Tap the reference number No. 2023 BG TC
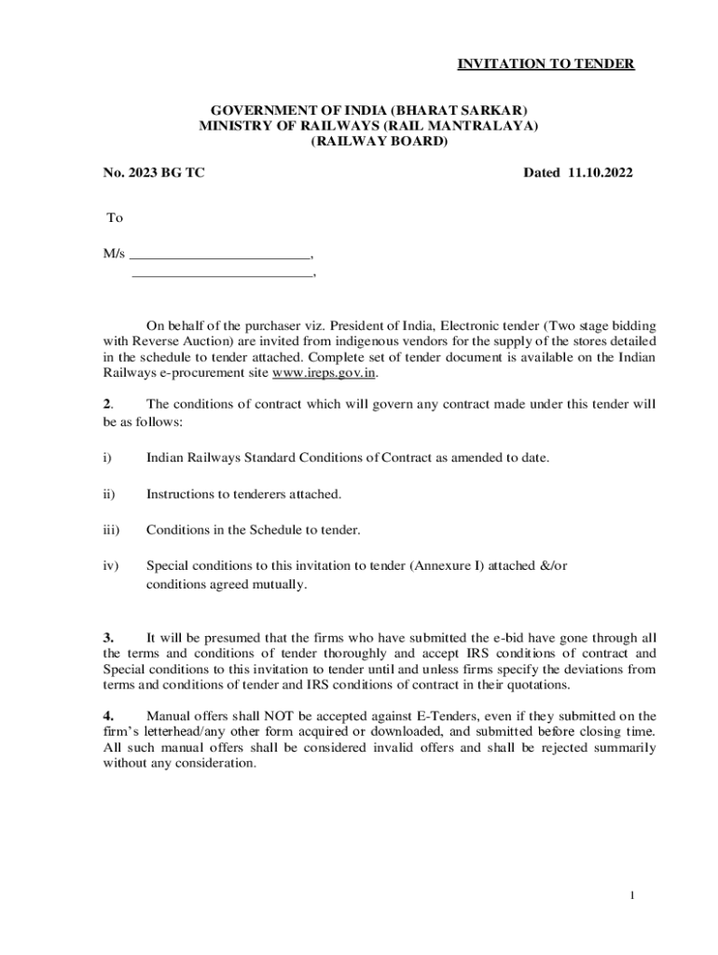(x=154, y=173)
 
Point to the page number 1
(x=631, y=896)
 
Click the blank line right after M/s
(x=220, y=254)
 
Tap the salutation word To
(x=115, y=217)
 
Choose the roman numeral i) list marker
(x=107, y=458)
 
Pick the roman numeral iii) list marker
(x=111, y=530)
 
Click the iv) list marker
(x=110, y=566)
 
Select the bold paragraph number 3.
(x=108, y=638)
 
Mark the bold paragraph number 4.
(x=108, y=716)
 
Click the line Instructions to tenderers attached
(x=243, y=494)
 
